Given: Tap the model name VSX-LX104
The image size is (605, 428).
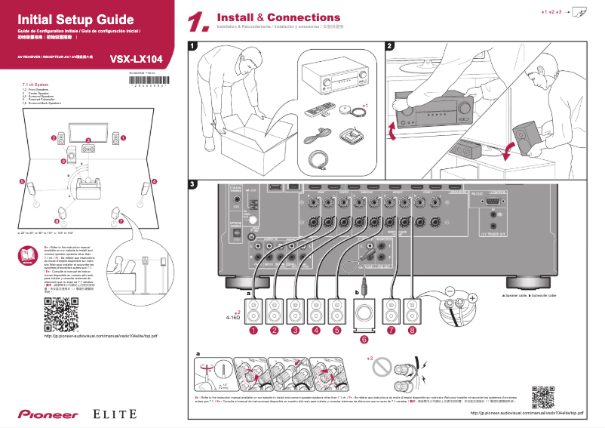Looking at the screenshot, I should pos(136,58).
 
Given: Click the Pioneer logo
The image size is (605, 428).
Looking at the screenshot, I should pos(43,414).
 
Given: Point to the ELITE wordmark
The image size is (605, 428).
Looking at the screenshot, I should pos(115,414).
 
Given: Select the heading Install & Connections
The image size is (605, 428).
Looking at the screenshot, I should pos(278,17).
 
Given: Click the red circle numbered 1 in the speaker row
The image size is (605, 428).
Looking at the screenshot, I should pos(254,331).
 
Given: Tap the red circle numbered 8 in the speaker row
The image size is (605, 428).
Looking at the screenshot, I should pos(412,331).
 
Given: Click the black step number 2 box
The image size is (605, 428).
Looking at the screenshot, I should pos(389,46).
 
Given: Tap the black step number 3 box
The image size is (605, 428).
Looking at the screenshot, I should pos(193,184).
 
